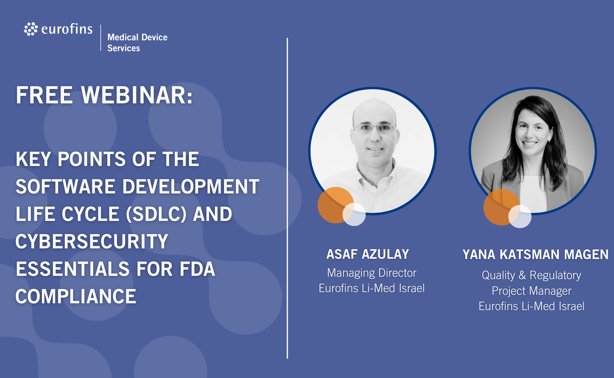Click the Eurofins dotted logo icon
pyautogui.click(x=31, y=29)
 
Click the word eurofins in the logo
pyautogui.click(x=67, y=29)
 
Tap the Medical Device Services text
pyautogui.click(x=137, y=43)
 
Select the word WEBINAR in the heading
pyautogui.click(x=137, y=95)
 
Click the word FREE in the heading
pyautogui.click(x=44, y=95)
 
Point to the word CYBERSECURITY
pyautogui.click(x=92, y=241)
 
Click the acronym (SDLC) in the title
pyautogui.click(x=156, y=214)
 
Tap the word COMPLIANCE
pyautogui.click(x=76, y=296)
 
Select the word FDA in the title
pyautogui.click(x=197, y=269)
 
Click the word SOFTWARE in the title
pyautogui.click(x=65, y=186)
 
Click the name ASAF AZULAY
pyautogui.click(x=368, y=254)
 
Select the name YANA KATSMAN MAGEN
pyautogui.click(x=535, y=255)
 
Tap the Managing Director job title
pyautogui.click(x=372, y=273)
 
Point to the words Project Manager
pyautogui.click(x=532, y=291)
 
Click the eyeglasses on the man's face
pyautogui.click(x=374, y=128)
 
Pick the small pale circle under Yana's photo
pyautogui.click(x=520, y=216)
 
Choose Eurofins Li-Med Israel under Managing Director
pyautogui.click(x=372, y=288)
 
